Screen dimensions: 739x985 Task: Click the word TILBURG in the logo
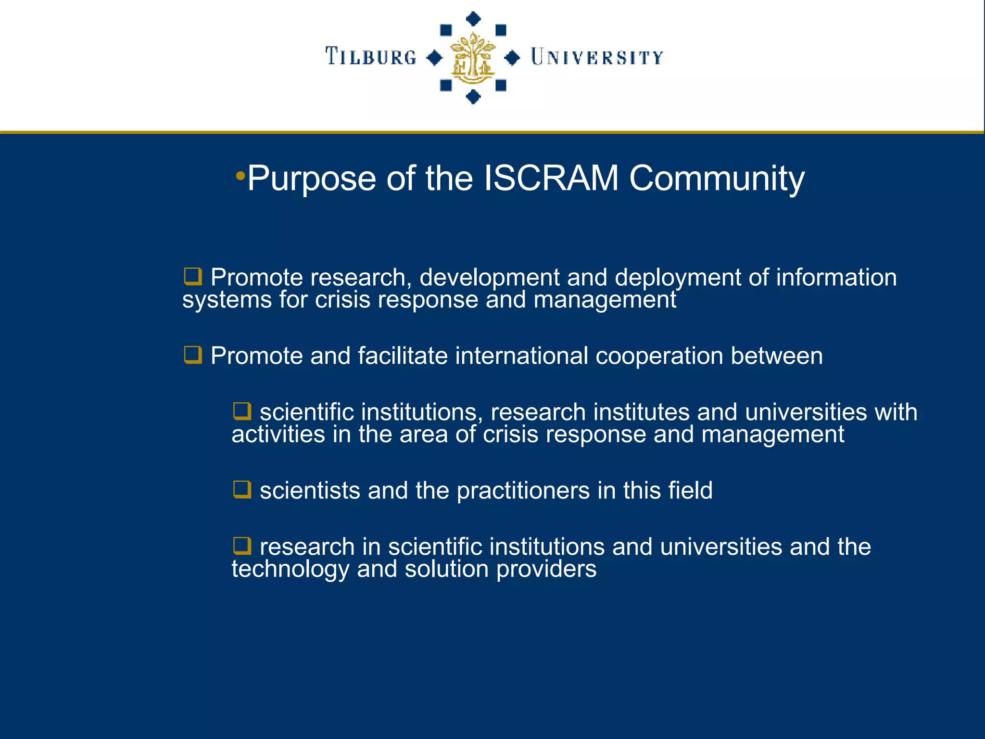click(x=371, y=57)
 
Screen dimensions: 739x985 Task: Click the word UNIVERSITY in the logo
click(x=597, y=58)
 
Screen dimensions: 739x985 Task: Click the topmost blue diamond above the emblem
click(x=474, y=19)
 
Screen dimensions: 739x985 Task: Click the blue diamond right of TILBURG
click(x=434, y=58)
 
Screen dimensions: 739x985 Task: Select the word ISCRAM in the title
click(x=551, y=178)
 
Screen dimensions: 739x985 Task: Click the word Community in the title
click(x=717, y=178)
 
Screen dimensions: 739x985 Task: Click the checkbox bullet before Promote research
click(x=193, y=277)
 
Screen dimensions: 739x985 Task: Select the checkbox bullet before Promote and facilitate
click(x=193, y=355)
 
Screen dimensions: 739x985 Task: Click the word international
click(x=521, y=356)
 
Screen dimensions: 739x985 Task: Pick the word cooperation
click(x=659, y=356)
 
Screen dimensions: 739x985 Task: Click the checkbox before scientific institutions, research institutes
click(x=242, y=411)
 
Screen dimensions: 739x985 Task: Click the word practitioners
click(x=523, y=491)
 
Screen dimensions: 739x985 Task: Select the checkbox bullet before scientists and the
click(x=242, y=490)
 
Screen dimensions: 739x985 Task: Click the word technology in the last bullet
click(x=290, y=569)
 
